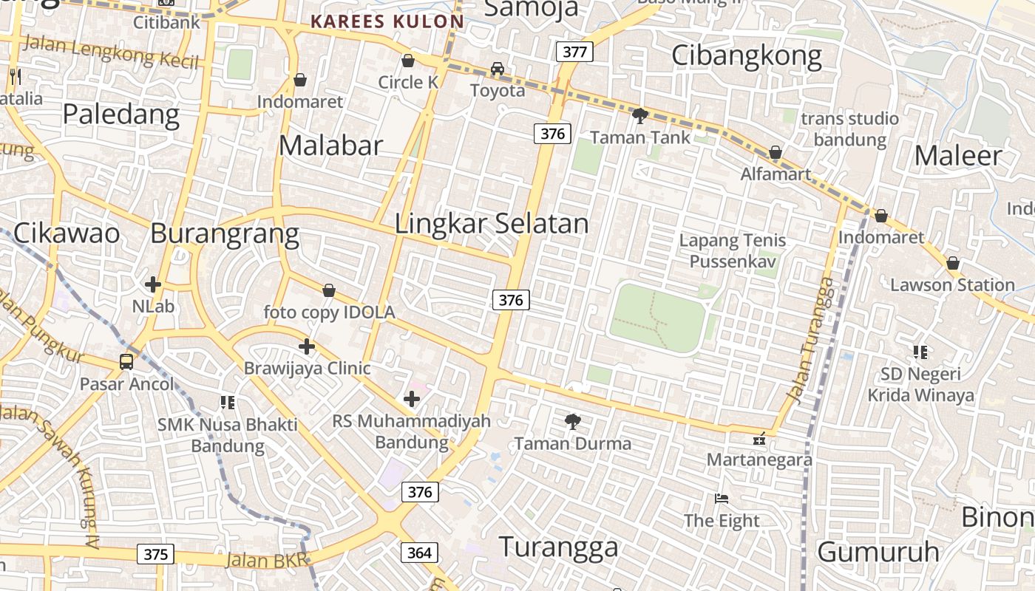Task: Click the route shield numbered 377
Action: click(574, 52)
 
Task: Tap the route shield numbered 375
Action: click(155, 554)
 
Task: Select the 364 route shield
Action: click(419, 552)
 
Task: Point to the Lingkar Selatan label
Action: click(492, 224)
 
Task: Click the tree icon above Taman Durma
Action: click(572, 422)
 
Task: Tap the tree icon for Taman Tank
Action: click(640, 115)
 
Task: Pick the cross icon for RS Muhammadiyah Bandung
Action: click(412, 400)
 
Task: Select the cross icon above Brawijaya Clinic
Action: click(307, 346)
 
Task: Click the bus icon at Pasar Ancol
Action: click(126, 362)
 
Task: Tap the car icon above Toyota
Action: click(498, 69)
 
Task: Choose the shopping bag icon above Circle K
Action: click(407, 61)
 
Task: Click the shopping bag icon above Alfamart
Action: click(776, 153)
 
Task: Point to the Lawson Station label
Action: click(952, 285)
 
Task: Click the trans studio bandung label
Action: click(849, 129)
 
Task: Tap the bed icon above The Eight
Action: click(722, 499)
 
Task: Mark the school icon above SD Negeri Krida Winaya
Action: click(920, 352)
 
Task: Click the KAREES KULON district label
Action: click(387, 21)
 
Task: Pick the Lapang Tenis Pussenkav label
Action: click(732, 250)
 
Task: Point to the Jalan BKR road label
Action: click(266, 560)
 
